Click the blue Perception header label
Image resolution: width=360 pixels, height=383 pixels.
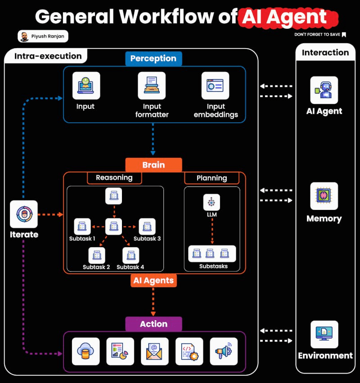[x=153, y=58]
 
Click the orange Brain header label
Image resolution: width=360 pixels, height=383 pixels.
[x=153, y=165]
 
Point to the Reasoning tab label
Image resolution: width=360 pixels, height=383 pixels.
[x=114, y=178]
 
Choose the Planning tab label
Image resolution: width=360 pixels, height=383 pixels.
[x=211, y=178]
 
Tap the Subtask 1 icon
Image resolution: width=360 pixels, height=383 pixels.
[x=82, y=226]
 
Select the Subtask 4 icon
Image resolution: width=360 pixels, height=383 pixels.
[x=130, y=255]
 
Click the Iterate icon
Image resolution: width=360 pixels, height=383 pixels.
[x=24, y=214]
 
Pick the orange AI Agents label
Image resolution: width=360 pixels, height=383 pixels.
[x=153, y=281]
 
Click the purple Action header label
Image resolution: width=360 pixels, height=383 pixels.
[x=153, y=324]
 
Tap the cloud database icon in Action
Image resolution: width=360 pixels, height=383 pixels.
[x=85, y=351]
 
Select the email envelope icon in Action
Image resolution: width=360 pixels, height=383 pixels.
[x=154, y=351]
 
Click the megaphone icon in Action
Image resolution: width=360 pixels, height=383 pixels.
[x=224, y=351]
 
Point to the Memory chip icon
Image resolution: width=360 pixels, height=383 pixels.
[x=324, y=196]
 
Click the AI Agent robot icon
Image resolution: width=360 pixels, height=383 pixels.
[x=324, y=90]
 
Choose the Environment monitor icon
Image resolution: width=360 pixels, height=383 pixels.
[x=324, y=334]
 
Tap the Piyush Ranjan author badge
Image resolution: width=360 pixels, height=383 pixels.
[x=43, y=36]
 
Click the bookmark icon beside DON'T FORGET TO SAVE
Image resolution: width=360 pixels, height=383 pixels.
[x=344, y=35]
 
